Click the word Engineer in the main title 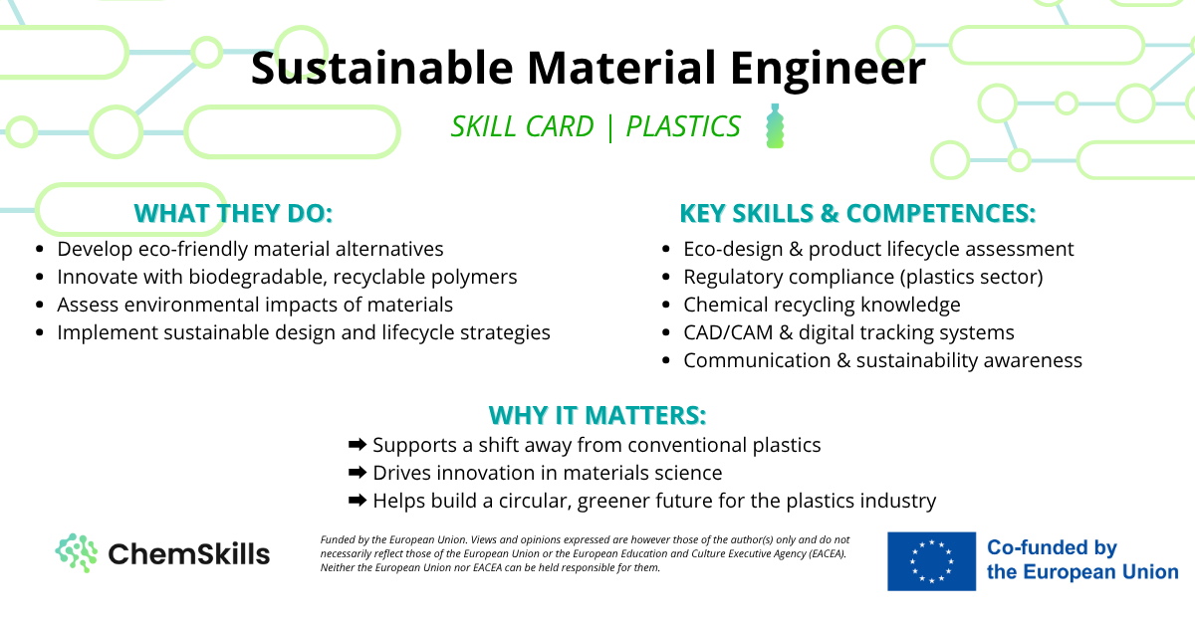(828, 70)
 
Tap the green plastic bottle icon (775, 125)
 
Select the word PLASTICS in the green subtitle (683, 126)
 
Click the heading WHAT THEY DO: (233, 213)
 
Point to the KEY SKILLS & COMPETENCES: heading (857, 213)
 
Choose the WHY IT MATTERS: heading (597, 415)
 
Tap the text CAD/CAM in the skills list (728, 332)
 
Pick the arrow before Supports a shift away (358, 444)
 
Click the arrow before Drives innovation (358, 472)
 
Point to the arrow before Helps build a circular (358, 500)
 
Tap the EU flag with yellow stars (931, 561)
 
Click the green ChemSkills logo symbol (77, 553)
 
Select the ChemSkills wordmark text (189, 553)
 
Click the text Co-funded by (1052, 547)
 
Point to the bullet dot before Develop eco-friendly (40, 249)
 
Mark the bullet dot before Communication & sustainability (665, 360)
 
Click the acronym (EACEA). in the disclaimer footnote (827, 553)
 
